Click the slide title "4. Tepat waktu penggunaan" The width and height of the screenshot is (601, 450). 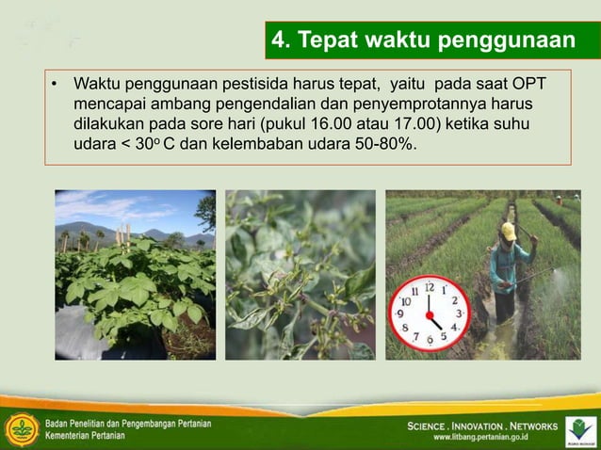click(x=423, y=40)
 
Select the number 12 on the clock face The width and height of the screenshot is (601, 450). click(x=430, y=285)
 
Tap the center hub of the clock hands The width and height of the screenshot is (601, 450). click(x=430, y=313)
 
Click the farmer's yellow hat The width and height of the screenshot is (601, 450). click(x=509, y=231)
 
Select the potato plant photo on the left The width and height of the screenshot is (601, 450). click(x=135, y=275)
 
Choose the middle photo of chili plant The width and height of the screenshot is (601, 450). click(x=300, y=275)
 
